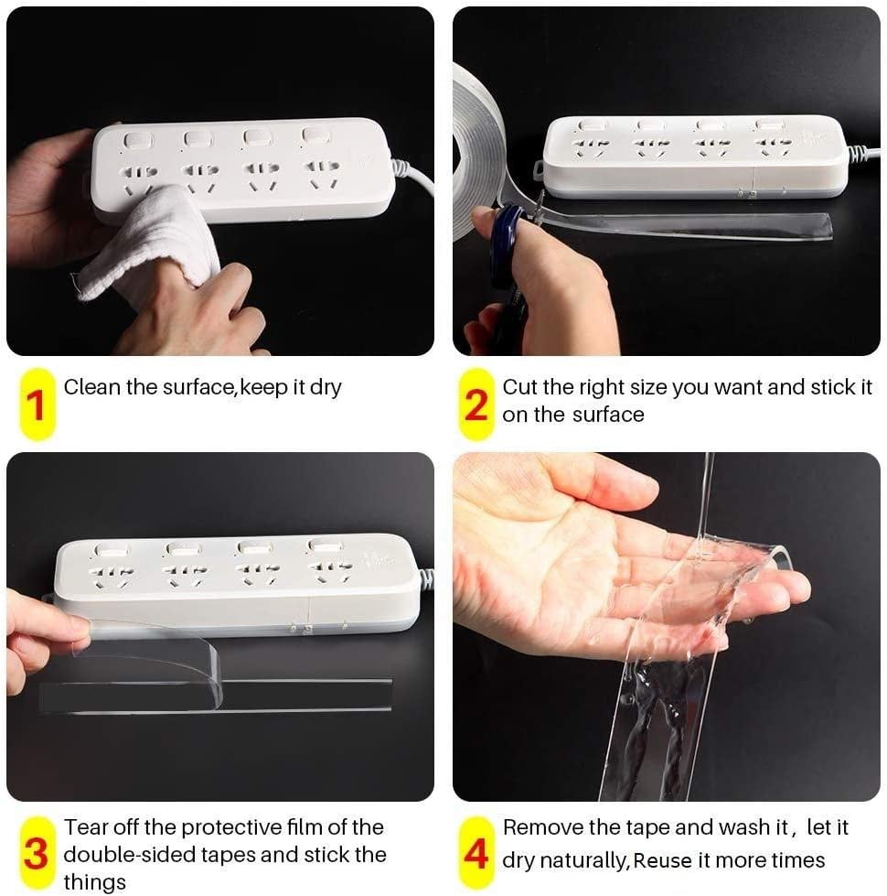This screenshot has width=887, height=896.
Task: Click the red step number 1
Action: (36, 405)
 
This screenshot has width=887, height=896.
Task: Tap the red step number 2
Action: (476, 405)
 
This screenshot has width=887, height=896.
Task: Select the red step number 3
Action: (36, 854)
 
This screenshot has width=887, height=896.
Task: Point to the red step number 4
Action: (476, 854)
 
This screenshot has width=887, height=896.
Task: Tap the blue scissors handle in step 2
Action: (505, 245)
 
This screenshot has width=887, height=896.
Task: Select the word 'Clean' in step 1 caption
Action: (91, 387)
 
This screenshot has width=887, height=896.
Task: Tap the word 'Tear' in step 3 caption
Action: (86, 826)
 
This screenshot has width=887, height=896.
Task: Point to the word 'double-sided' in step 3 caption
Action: (130, 854)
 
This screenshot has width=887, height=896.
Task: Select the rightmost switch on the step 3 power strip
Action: (325, 545)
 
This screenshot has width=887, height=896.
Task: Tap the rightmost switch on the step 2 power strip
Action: (771, 124)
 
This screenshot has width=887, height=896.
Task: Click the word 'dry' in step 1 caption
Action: (326, 388)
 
